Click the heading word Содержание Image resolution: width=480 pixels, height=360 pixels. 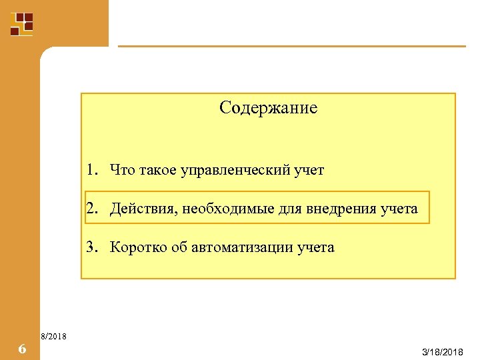(x=268, y=107)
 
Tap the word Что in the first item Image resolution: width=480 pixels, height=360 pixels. (x=123, y=170)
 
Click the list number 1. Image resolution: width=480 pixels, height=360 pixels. (x=91, y=170)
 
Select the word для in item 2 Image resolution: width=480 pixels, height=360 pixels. (x=288, y=209)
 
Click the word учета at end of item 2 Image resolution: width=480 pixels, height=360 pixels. (x=399, y=209)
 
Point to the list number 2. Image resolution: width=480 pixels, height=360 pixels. (x=91, y=209)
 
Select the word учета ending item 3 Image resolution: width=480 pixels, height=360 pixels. (x=316, y=248)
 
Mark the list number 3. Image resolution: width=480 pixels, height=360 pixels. (x=91, y=247)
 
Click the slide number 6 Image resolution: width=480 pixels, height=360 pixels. (x=21, y=348)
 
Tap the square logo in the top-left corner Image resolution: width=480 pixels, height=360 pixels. (x=21, y=23)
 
